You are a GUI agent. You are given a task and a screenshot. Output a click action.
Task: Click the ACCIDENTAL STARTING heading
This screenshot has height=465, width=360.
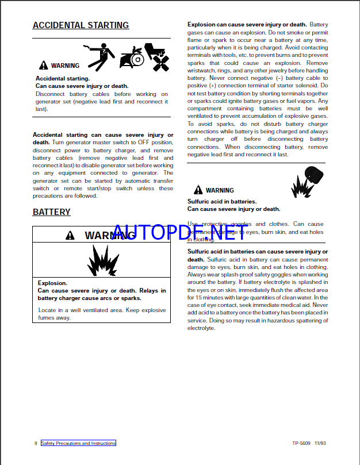81,25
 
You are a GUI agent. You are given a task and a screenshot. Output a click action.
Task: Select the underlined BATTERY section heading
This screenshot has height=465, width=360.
52,212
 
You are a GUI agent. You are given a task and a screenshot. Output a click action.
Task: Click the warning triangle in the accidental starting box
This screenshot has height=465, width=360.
44,66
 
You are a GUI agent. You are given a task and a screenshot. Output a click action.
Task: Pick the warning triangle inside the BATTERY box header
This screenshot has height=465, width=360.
70,236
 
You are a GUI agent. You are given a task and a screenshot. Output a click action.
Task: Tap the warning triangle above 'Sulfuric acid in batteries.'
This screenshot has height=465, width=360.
198,190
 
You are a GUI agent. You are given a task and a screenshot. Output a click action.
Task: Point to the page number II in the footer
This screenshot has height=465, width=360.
36,443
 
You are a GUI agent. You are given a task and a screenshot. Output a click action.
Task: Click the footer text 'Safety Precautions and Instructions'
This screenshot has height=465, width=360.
78,443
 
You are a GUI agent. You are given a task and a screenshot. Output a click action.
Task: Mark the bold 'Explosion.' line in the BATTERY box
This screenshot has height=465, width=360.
52,283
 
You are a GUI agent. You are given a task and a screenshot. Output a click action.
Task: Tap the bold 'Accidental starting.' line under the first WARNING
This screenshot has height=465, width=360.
63,78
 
